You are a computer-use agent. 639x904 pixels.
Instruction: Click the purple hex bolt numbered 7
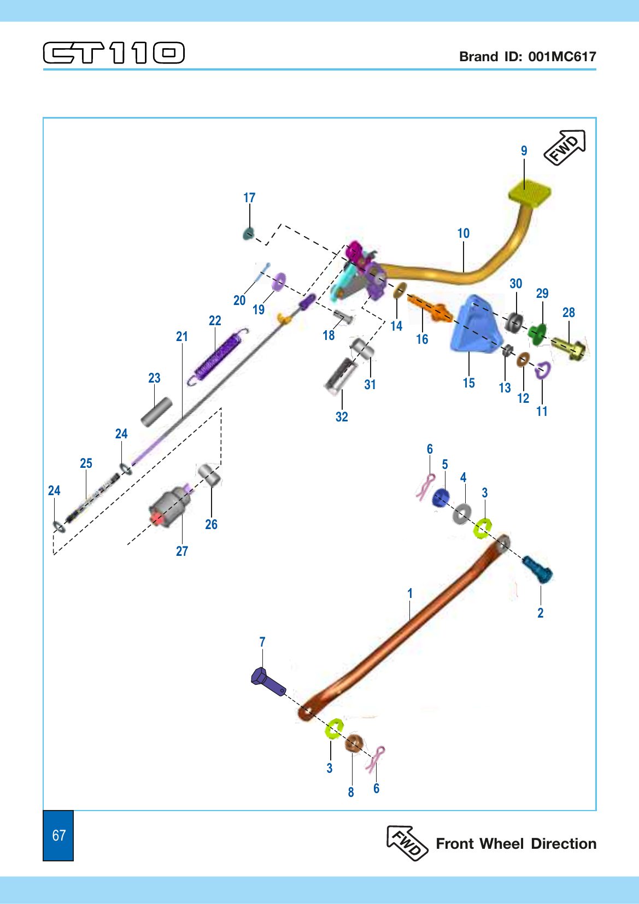268,682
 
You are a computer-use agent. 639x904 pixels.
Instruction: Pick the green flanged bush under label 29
537,333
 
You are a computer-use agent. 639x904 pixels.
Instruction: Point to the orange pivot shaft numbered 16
430,308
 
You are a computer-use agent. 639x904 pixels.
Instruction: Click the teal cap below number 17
248,234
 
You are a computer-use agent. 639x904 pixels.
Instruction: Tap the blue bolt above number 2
537,569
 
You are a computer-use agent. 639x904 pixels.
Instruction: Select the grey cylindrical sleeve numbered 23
157,412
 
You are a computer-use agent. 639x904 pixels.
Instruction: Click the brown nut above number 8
354,743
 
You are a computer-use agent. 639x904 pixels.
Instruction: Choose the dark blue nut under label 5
441,497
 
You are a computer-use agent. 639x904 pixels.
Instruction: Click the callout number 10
464,233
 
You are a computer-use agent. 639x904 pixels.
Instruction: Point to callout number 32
342,416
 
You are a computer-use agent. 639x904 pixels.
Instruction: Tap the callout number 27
182,551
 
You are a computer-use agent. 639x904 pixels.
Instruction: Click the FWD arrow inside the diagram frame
565,148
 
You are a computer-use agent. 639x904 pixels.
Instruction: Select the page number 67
59,835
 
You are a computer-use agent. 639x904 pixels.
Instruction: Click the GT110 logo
114,52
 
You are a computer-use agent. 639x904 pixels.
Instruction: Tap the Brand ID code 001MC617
562,56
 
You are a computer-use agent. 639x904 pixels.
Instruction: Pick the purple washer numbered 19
279,281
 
